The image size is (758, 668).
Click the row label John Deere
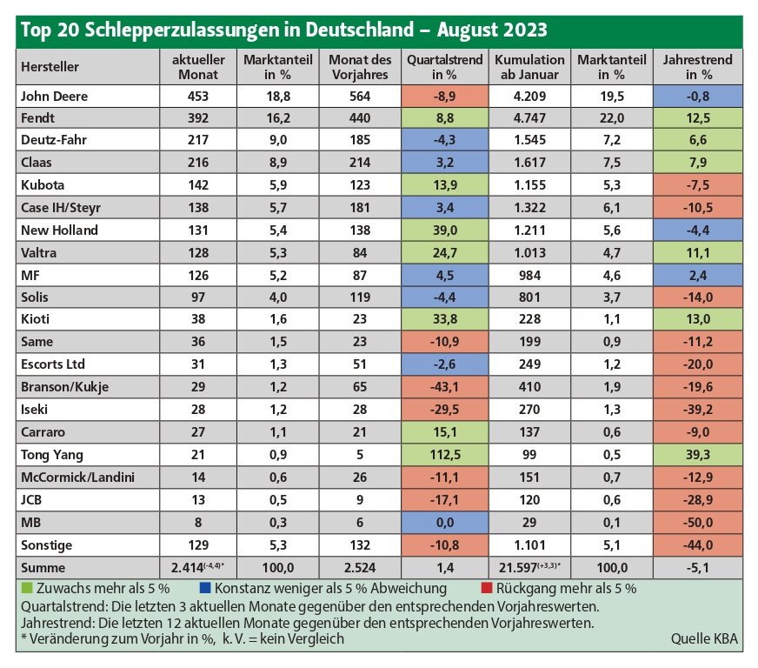[54, 97]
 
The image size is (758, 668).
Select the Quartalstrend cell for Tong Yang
[445, 455]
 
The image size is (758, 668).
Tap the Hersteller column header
[50, 67]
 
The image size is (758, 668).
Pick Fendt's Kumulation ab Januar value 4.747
[529, 118]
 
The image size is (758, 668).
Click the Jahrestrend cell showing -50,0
[697, 523]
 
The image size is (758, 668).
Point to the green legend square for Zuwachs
[27, 588]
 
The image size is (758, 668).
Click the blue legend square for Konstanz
[205, 588]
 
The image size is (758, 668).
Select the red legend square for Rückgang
[487, 588]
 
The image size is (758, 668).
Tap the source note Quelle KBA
[704, 638]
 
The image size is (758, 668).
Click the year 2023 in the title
[525, 30]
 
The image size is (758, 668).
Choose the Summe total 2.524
[360, 567]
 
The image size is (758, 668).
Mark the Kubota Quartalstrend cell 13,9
[445, 184]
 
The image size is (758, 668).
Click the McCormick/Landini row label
[77, 478]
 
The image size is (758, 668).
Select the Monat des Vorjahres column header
[360, 67]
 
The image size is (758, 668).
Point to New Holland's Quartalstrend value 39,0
[445, 230]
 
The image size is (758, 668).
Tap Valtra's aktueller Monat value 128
[198, 252]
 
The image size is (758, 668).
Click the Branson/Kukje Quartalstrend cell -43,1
[445, 387]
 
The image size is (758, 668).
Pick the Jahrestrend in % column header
[697, 67]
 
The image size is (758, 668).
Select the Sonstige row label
[46, 545]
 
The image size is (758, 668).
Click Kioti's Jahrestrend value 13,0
[697, 319]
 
